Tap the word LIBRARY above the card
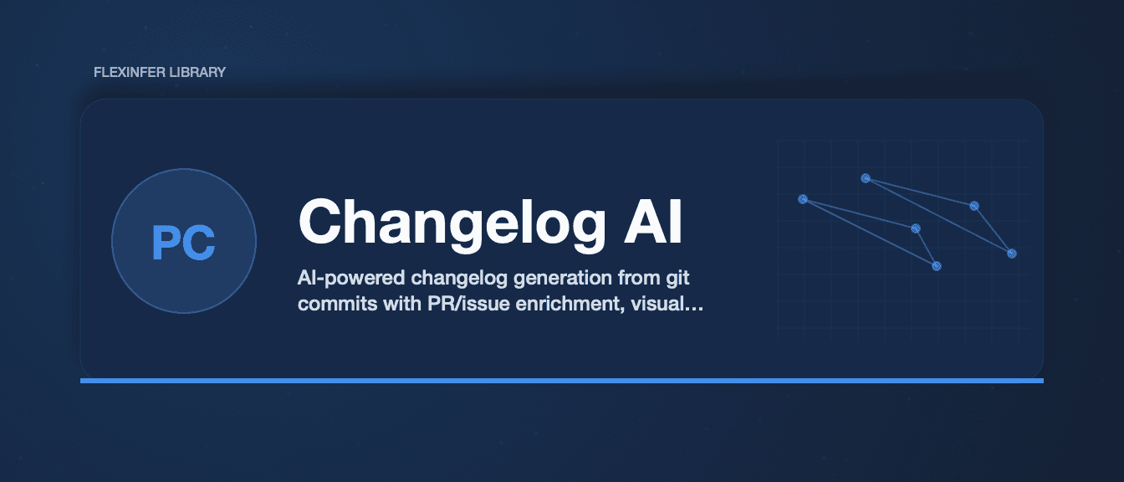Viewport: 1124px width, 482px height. click(x=197, y=72)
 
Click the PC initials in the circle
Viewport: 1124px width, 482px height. click(x=184, y=243)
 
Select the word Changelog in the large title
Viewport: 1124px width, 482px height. click(x=452, y=223)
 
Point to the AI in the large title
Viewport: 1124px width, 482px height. click(x=653, y=222)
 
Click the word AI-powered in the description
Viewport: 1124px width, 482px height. click(x=351, y=278)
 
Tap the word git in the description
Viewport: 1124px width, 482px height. click(x=678, y=278)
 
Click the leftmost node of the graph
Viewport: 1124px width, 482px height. click(x=803, y=199)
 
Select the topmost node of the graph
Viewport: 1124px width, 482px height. click(x=866, y=178)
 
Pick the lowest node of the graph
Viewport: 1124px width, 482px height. click(x=937, y=266)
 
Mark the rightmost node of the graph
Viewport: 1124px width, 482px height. click(x=1012, y=254)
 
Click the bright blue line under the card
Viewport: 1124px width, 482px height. click(x=562, y=381)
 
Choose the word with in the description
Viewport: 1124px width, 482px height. click(x=402, y=303)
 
